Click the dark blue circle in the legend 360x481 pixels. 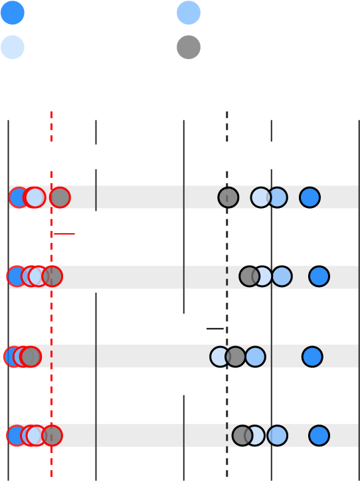coord(13,13)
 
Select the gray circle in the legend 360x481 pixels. coord(189,47)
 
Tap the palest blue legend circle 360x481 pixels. coord(13,47)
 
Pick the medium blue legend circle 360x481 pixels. coord(189,13)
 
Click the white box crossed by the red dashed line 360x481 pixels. coord(40,154)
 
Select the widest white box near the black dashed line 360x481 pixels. coord(255,155)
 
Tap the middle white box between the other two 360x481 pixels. coord(98,157)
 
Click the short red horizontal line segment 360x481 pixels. coord(64,234)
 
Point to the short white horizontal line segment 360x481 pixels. coord(215,328)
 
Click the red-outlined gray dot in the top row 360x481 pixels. coord(60,197)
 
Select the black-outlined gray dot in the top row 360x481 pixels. coord(228,197)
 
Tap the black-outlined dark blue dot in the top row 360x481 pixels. coord(310,197)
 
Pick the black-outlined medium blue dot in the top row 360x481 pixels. coord(278,197)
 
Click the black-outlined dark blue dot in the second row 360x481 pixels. coord(319,276)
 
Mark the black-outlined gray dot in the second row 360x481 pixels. coord(249,276)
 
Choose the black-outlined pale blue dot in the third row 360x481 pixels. coord(219,357)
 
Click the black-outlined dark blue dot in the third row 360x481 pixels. coord(312,357)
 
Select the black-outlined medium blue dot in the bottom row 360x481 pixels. coord(277,436)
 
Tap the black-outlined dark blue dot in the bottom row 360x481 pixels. coord(319,436)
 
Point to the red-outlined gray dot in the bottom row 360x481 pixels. coord(52,436)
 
